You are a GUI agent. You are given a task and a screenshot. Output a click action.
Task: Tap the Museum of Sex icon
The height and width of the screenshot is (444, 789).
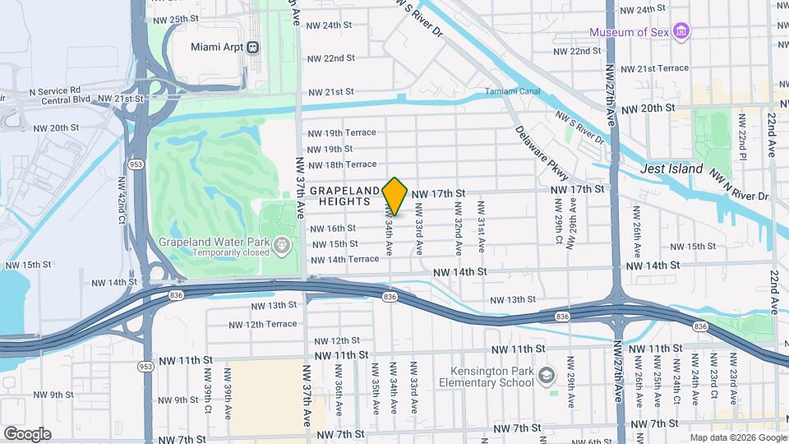coord(681,31)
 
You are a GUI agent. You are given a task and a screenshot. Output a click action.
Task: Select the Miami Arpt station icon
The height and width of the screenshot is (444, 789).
coord(252,47)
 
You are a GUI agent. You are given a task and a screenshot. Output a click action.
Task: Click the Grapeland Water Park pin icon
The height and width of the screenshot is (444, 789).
coord(282,244)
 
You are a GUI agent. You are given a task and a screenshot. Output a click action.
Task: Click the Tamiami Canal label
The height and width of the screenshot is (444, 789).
coord(512,91)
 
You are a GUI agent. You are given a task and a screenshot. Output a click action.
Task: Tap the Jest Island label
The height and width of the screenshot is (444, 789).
coord(671,169)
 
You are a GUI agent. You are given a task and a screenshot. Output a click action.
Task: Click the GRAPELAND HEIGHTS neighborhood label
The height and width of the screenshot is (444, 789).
coord(344,197)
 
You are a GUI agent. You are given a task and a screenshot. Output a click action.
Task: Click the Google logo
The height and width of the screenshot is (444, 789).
coord(27,433)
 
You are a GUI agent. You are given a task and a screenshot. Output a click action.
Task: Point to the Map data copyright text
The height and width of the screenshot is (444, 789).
coord(736,437)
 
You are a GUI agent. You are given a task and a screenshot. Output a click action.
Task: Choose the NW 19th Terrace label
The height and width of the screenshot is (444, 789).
coord(341,132)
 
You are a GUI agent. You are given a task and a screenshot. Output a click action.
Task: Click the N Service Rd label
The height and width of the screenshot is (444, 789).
coord(54,90)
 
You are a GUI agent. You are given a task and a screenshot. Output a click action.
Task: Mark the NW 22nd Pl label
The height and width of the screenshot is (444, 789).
coord(741,145)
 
